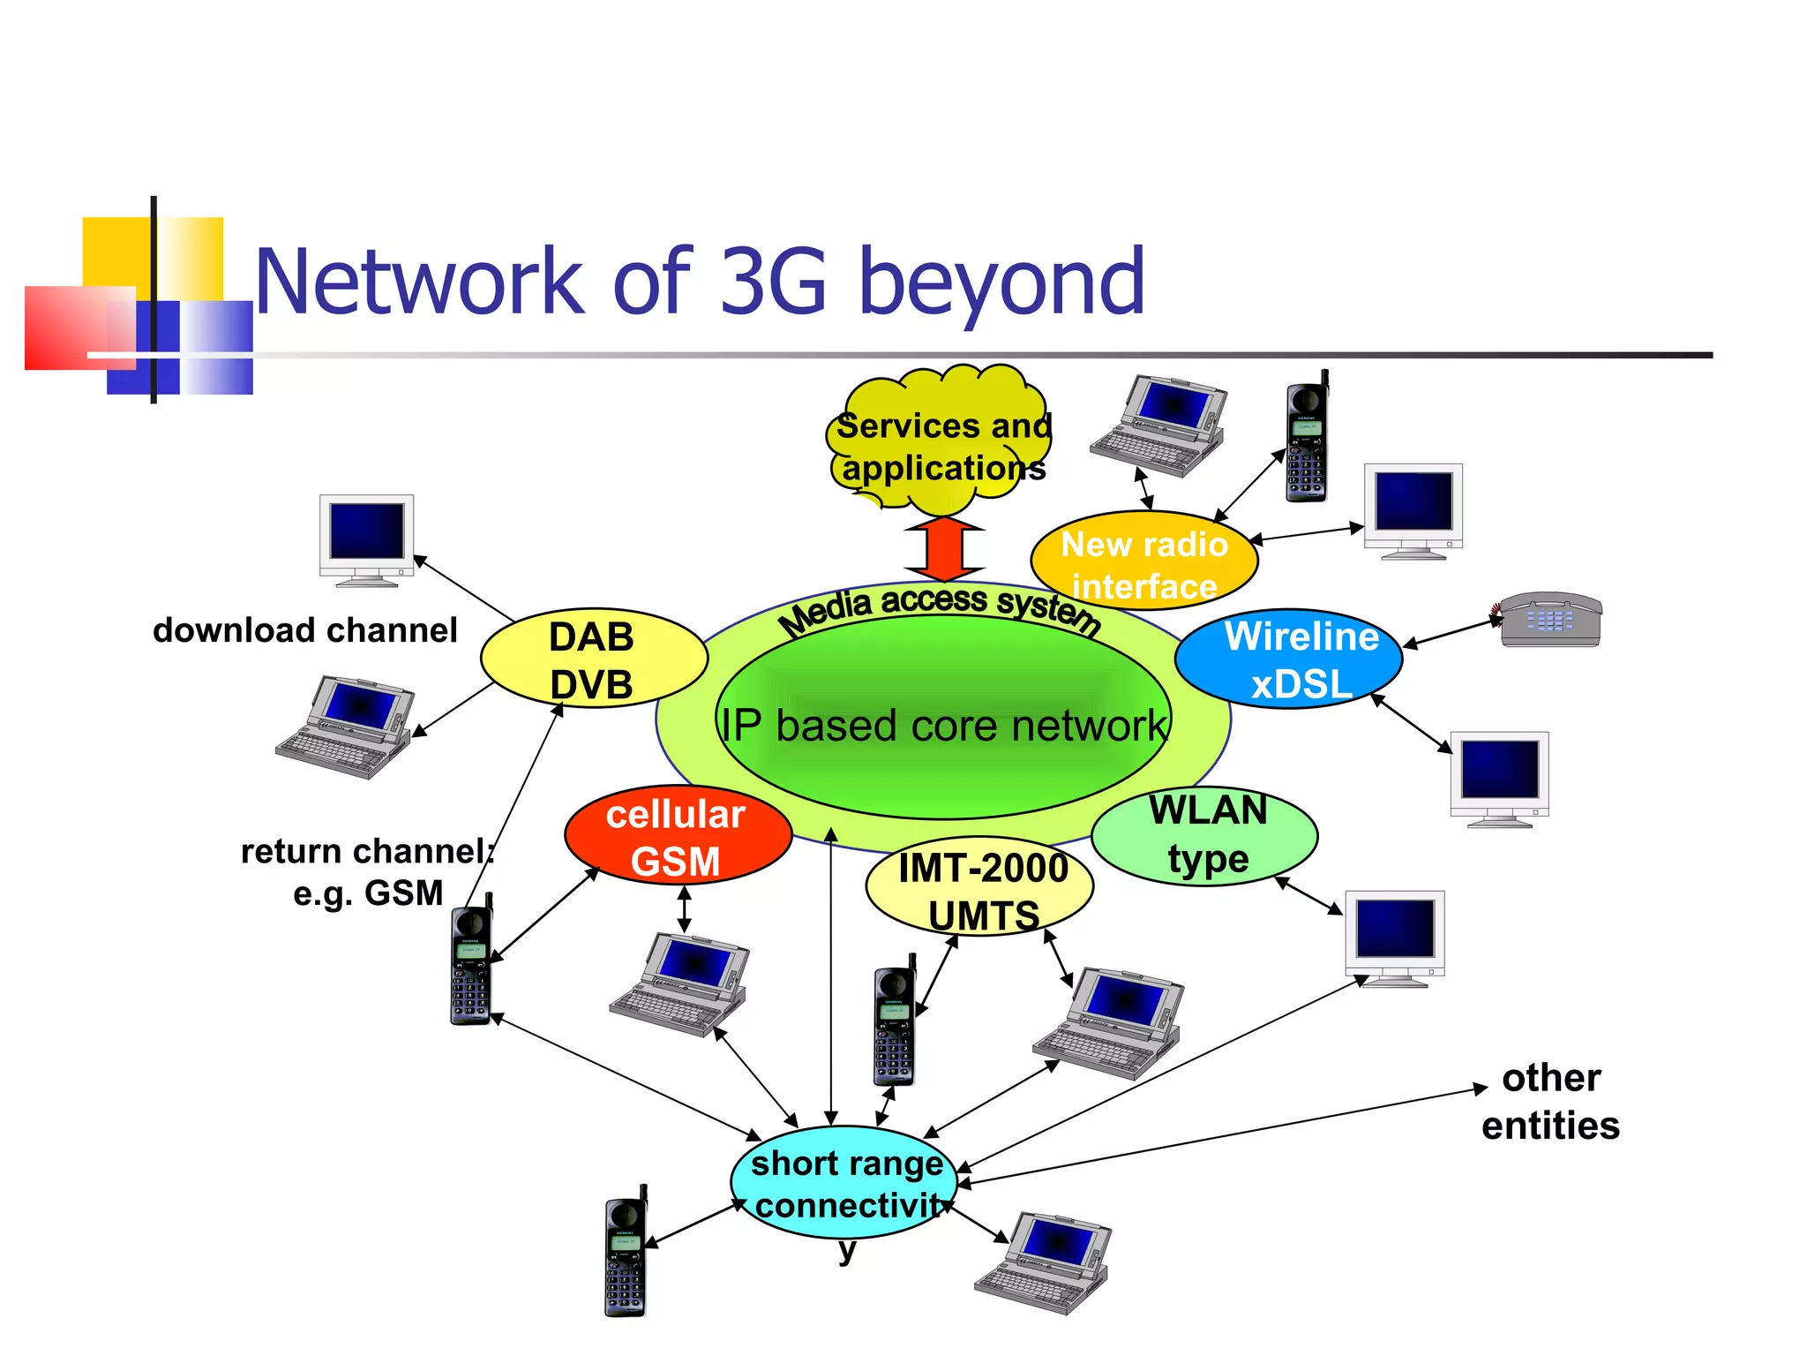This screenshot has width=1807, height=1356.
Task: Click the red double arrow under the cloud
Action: [x=944, y=548]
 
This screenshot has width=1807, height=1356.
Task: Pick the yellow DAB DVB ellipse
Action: [x=593, y=659]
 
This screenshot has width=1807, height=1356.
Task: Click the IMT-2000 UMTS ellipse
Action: [x=980, y=888]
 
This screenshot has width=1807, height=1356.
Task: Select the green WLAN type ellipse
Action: [x=1205, y=835]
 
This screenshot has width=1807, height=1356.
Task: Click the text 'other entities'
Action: [x=1550, y=1102]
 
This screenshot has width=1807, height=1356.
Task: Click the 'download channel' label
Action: [x=304, y=630]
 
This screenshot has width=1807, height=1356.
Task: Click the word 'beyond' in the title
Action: [x=1001, y=282]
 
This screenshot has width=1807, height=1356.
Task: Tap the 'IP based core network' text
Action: [x=942, y=726]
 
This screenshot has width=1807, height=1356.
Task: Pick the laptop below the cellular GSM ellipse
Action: [x=679, y=984]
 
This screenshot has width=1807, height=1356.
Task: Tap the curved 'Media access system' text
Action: [x=939, y=606]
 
